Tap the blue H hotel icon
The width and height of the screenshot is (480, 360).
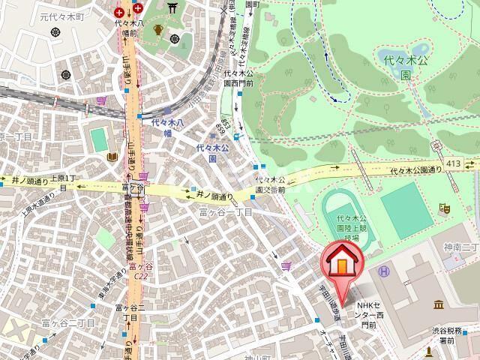click(383, 271)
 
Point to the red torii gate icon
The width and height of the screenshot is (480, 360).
click(174, 7)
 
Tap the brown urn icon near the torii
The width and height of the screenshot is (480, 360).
click(159, 31)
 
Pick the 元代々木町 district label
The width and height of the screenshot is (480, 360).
click(22, 16)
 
